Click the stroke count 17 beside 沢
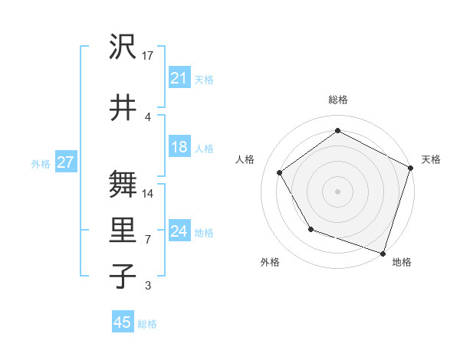148,56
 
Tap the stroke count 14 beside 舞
149,193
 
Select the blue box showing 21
179,78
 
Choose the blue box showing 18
179,147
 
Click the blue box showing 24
179,231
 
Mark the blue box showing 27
65,162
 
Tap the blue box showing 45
122,322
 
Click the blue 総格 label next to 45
147,324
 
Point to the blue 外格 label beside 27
41,163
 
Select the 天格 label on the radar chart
431,160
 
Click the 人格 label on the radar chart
245,160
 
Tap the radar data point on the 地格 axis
383,252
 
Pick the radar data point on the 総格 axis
337,131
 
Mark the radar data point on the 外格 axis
310,229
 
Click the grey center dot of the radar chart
337,191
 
